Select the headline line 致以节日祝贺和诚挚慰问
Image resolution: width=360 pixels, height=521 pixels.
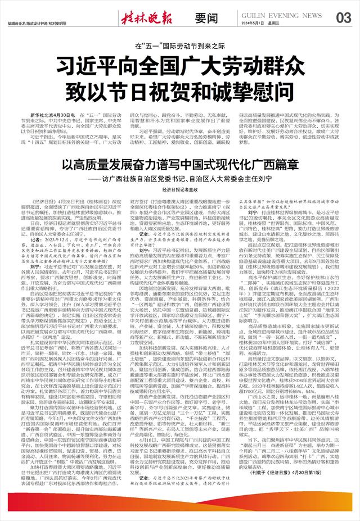pos(180,89)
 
